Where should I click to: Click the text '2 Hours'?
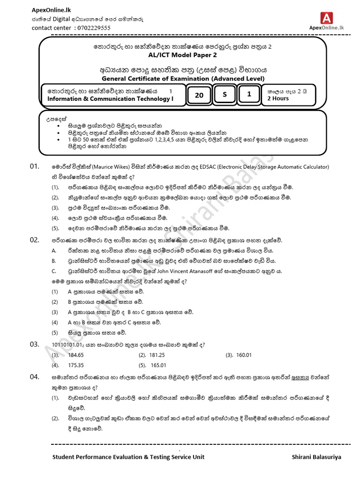pos(277,99)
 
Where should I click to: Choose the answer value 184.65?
pos(76,355)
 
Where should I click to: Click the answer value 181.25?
pos(156,355)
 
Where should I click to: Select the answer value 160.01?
pos(244,355)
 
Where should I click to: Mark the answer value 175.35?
pos(76,365)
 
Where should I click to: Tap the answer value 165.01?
pos(158,365)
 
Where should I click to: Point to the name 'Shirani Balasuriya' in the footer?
pos(316,457)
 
